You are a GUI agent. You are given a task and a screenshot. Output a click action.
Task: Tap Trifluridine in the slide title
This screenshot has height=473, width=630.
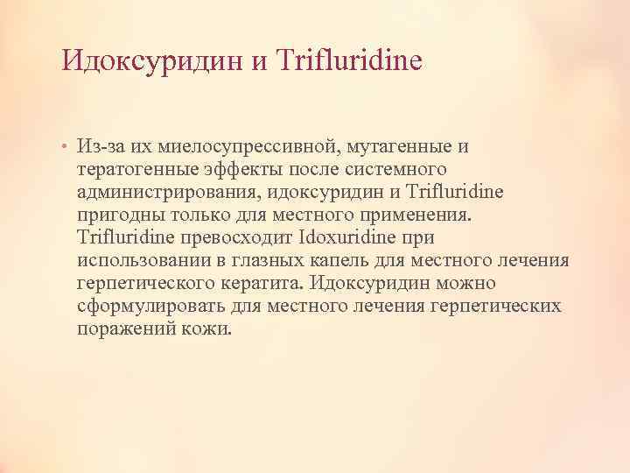(348, 60)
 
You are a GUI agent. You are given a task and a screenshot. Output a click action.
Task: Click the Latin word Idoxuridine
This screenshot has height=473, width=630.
(351, 237)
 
